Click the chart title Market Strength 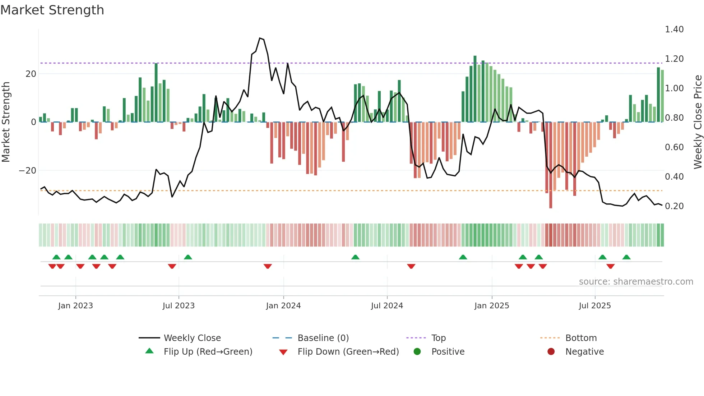(52, 10)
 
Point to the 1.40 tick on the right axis (674, 29)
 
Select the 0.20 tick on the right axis (674, 206)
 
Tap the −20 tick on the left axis (27, 171)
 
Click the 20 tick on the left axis (31, 74)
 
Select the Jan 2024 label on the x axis (283, 306)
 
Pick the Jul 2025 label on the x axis (594, 306)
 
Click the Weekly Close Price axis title (698, 122)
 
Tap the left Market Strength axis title (6, 122)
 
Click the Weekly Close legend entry (192, 338)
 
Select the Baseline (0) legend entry (323, 338)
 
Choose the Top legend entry (438, 338)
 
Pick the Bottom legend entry (581, 338)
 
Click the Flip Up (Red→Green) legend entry (208, 352)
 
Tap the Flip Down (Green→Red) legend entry (348, 352)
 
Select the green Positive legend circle (417, 352)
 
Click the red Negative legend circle (551, 352)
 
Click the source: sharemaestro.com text (636, 282)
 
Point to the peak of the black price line (260, 38)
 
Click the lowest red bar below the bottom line (550, 201)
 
